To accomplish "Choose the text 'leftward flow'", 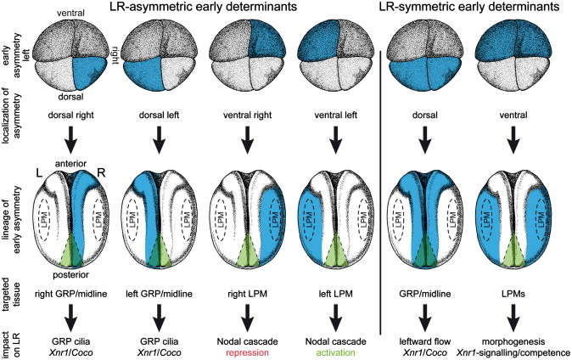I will (422, 338).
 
